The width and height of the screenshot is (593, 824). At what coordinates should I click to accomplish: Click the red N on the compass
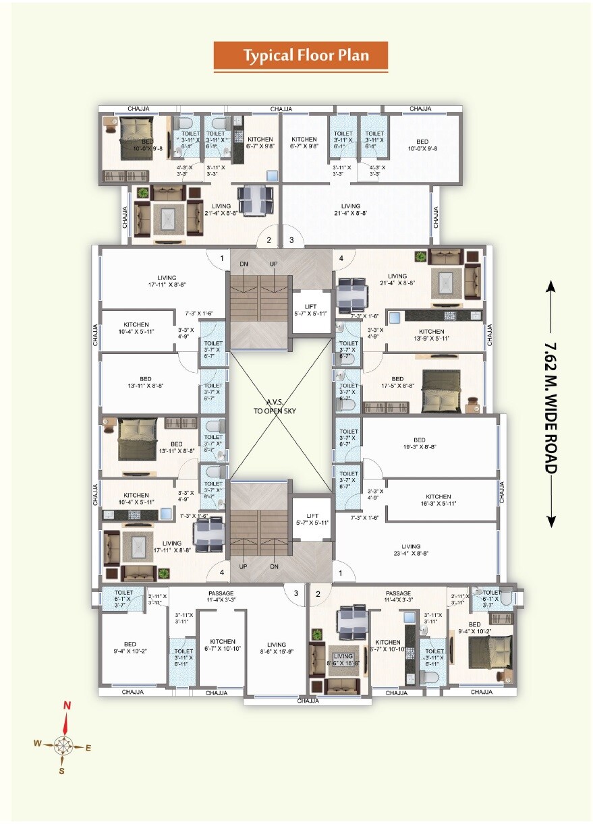click(67, 705)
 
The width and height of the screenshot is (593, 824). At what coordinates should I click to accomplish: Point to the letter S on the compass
click(61, 771)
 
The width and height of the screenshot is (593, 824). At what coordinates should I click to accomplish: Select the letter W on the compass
click(38, 743)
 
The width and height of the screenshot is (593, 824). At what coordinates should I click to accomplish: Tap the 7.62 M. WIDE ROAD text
click(550, 405)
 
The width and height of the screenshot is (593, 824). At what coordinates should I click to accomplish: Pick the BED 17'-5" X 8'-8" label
click(397, 383)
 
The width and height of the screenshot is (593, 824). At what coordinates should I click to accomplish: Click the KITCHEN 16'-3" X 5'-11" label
click(438, 500)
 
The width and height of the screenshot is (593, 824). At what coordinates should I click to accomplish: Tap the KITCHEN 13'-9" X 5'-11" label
click(431, 335)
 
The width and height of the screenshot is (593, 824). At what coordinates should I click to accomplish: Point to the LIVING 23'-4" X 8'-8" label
click(410, 550)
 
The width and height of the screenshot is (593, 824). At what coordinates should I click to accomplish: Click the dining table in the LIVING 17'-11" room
click(206, 530)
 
